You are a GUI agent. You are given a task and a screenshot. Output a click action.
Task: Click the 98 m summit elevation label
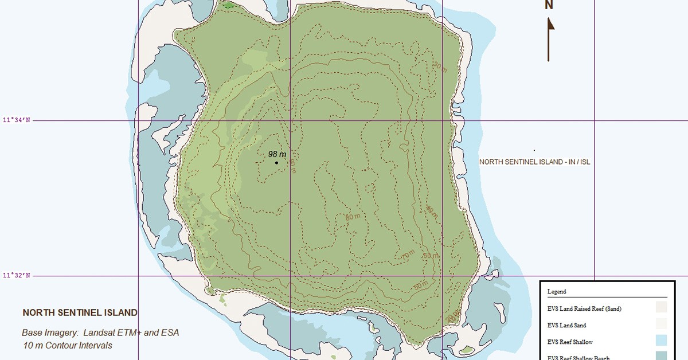click(277, 154)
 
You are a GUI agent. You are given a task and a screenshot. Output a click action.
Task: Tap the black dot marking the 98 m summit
click(276, 163)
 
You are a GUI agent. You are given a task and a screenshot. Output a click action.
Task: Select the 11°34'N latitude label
click(17, 120)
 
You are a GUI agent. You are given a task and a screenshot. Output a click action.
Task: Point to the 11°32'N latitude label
click(17, 276)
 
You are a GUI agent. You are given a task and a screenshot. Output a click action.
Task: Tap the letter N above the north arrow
click(549, 5)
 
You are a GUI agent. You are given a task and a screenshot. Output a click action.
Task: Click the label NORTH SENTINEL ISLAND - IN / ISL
click(534, 162)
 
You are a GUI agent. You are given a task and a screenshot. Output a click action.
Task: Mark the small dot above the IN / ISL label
click(534, 151)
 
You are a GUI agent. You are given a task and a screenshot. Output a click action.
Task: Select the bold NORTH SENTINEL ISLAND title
click(80, 313)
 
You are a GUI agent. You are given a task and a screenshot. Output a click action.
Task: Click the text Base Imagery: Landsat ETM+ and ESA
click(101, 332)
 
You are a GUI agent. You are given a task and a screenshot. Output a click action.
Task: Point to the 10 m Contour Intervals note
click(68, 345)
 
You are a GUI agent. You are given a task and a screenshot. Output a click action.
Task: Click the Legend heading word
click(557, 291)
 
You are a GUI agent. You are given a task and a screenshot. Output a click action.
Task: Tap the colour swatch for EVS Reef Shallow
click(661, 341)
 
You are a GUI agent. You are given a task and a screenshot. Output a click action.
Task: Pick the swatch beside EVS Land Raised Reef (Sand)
click(661, 307)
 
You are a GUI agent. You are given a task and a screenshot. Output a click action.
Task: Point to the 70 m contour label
click(408, 254)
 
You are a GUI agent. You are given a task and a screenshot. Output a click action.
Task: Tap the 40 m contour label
click(431, 211)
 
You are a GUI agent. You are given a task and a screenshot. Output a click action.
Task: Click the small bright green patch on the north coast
click(229, 6)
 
